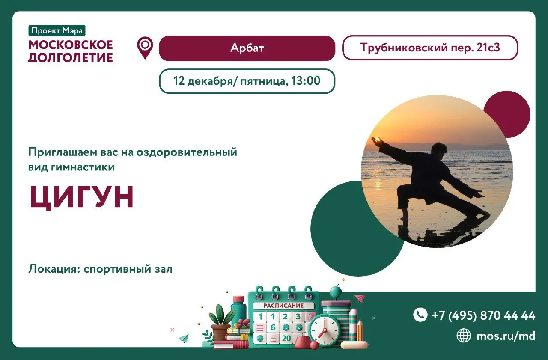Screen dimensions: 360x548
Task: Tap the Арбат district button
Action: click(247, 48)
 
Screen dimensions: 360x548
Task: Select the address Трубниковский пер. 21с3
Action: click(430, 48)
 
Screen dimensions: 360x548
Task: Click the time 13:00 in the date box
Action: click(306, 81)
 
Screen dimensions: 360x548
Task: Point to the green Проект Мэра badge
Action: click(57, 30)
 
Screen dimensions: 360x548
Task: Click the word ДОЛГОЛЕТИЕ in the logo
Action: click(71, 57)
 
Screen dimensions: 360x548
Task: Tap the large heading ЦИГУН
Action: click(81, 197)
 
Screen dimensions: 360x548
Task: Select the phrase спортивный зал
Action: click(128, 269)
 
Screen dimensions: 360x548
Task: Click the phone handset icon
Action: click(420, 315)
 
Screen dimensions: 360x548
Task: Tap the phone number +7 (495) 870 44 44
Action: click(483, 315)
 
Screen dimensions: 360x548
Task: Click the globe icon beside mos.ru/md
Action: click(464, 335)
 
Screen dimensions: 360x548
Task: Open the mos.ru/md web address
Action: click(506, 336)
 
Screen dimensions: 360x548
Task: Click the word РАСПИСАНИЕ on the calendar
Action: click(283, 306)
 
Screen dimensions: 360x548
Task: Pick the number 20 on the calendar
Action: click(286, 338)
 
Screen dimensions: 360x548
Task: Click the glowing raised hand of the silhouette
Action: click(376, 140)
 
